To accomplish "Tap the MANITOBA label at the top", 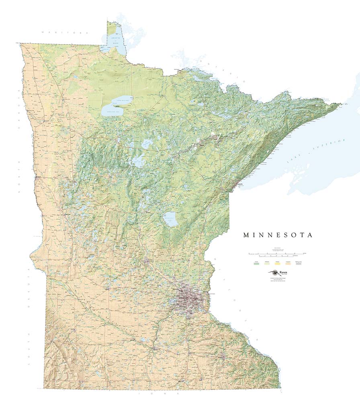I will pyautogui.click(x=65, y=32).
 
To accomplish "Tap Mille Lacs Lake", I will pyautogui.click(x=170, y=219).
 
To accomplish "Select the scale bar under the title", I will pyautogui.click(x=277, y=254).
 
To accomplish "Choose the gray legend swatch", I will pyautogui.click(x=299, y=262).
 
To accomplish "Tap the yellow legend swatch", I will pyautogui.click(x=277, y=262).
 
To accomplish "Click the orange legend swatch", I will pyautogui.click(x=288, y=262).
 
